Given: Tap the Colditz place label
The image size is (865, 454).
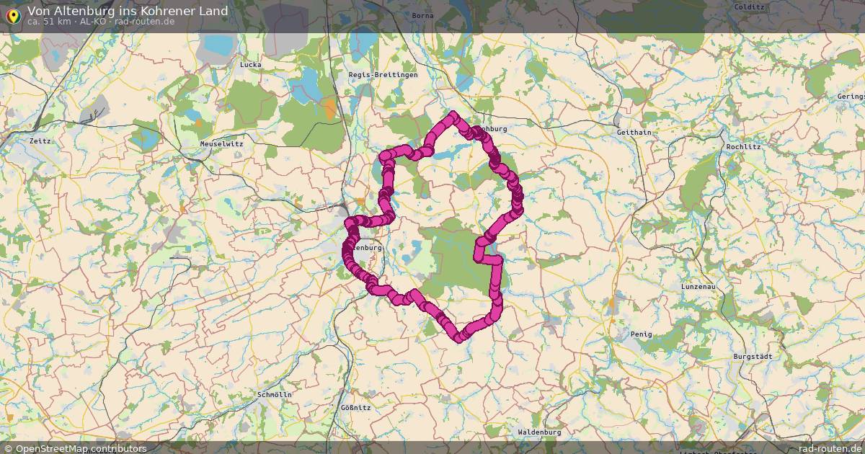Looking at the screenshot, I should [x=748, y=6].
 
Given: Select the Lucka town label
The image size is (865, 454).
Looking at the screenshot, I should [x=250, y=65].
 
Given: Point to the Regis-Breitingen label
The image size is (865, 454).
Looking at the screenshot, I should [x=383, y=75].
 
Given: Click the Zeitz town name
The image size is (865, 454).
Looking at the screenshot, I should [x=40, y=141].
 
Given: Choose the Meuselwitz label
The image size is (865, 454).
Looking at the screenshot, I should [x=221, y=144].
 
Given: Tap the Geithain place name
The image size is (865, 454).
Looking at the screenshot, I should [x=634, y=133].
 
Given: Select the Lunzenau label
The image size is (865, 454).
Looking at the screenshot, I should [x=698, y=287].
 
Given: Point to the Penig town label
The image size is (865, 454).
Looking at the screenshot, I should [x=641, y=334].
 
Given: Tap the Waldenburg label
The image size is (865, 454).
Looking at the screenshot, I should [x=539, y=432].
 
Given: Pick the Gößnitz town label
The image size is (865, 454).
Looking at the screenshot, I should [x=355, y=408].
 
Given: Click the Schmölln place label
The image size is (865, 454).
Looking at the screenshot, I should [x=275, y=396].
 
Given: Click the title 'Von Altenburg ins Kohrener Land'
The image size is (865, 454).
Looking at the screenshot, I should [x=128, y=10].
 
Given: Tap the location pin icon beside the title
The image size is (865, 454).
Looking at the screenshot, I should [x=13, y=14].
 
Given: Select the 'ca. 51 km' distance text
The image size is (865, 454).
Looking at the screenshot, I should [x=49, y=21].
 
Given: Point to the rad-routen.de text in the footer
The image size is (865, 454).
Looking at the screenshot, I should [x=830, y=448].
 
